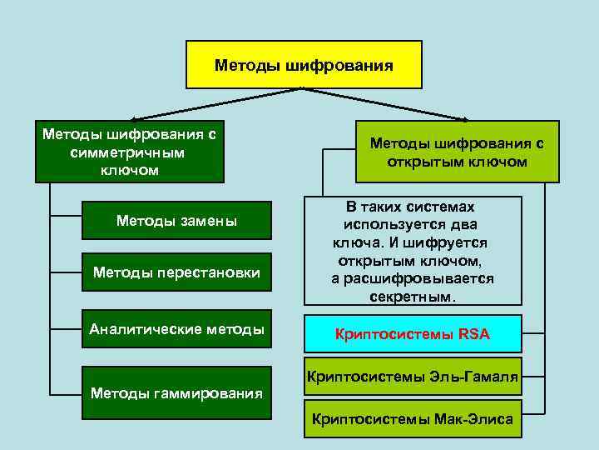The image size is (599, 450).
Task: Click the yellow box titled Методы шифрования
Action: tap(304, 64)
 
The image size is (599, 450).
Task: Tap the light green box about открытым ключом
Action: tap(457, 152)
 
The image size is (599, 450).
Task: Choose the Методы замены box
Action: tap(176, 221)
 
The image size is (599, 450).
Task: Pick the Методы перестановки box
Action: tap(176, 272)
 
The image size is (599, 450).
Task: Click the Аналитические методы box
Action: tap(176, 328)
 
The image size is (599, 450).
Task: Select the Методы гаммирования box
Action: tap(176, 392)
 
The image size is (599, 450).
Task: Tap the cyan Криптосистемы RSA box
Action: tap(413, 334)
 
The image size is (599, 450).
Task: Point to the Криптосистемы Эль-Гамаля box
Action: tap(413, 377)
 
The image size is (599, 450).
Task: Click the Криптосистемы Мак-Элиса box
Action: tap(413, 419)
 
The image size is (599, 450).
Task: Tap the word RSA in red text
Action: tap(474, 335)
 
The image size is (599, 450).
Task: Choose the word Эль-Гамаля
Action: tap(476, 377)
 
